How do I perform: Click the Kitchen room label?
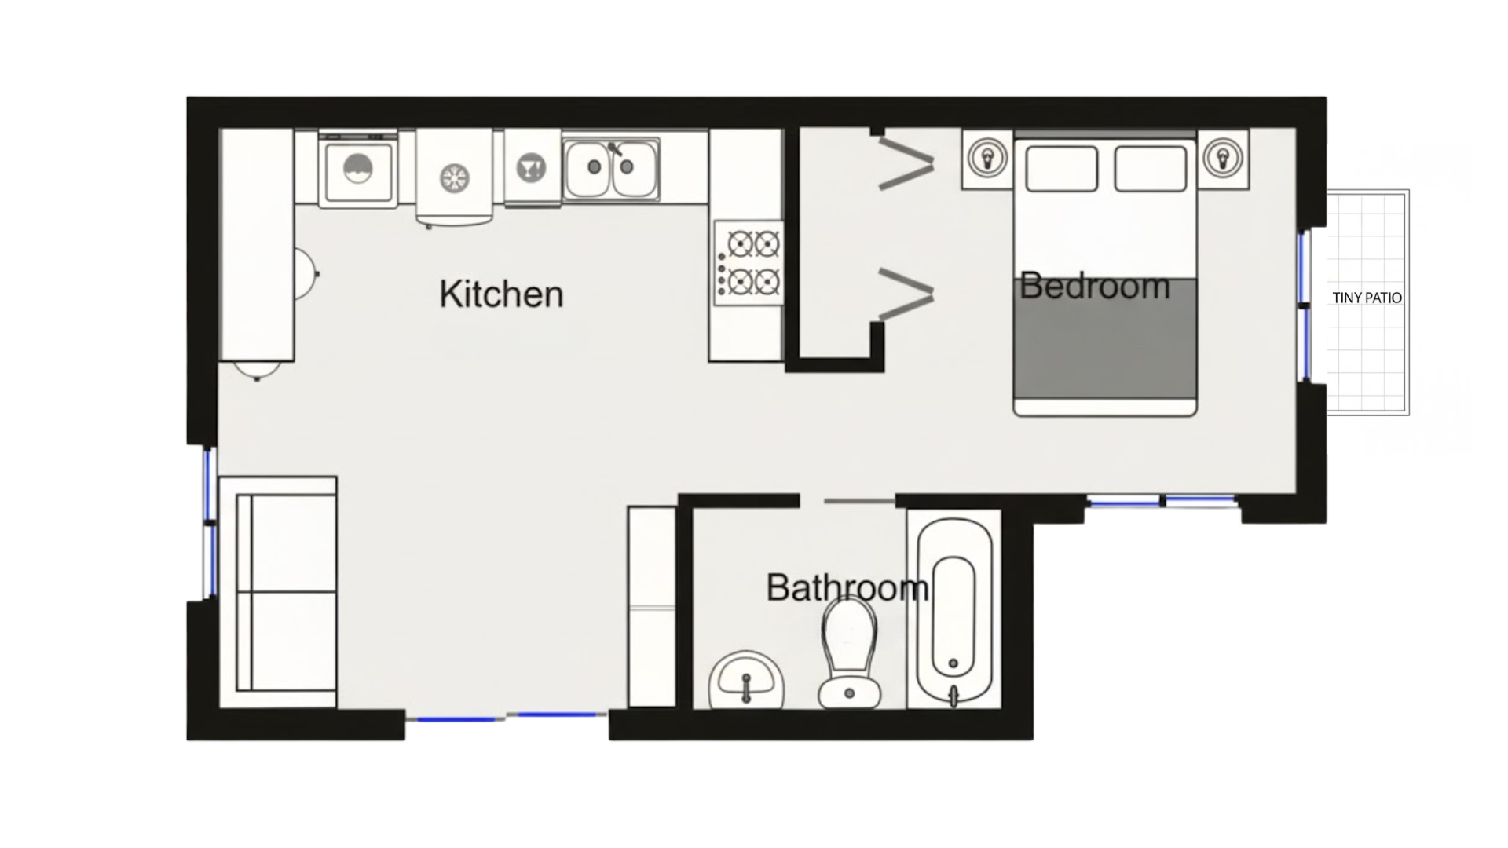[x=501, y=294]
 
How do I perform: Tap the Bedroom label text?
[x=1095, y=286]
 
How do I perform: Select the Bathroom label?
[x=847, y=587]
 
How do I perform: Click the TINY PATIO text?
[x=1367, y=298]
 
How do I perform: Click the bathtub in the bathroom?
[x=953, y=609]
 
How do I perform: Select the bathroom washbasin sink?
[x=746, y=681]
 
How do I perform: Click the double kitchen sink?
[x=610, y=168]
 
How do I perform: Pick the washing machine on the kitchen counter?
[x=358, y=170]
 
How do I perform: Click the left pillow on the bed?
[x=1061, y=168]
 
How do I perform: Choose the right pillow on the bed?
[x=1150, y=168]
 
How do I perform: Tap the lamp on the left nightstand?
[x=987, y=159]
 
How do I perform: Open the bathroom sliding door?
[x=858, y=501]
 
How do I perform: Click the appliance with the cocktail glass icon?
[x=532, y=168]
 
